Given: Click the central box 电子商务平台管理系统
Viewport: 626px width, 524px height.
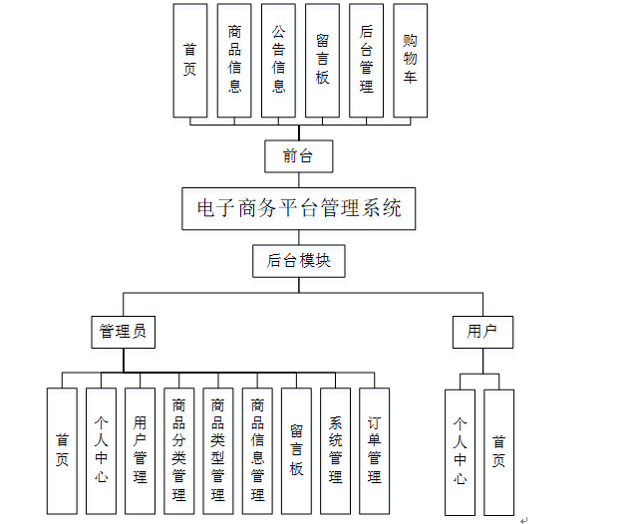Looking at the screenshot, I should pyautogui.click(x=299, y=209).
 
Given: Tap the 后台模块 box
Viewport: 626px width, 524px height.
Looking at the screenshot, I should pyautogui.click(x=298, y=261).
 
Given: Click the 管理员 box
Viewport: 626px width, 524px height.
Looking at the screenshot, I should pyautogui.click(x=123, y=332).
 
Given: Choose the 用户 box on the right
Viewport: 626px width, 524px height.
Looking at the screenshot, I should pyautogui.click(x=482, y=332).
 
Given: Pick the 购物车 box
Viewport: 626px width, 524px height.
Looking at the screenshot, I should pyautogui.click(x=410, y=60).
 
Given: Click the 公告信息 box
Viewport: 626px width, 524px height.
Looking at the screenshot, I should pyautogui.click(x=278, y=60).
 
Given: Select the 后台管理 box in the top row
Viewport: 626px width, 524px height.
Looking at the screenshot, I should pyautogui.click(x=366, y=60).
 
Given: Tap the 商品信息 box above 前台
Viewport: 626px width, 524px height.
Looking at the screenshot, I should pyautogui.click(x=234, y=60).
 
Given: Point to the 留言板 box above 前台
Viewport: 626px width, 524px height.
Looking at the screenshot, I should pyautogui.click(x=322, y=60).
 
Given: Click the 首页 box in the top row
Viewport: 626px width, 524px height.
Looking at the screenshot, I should pyautogui.click(x=190, y=60).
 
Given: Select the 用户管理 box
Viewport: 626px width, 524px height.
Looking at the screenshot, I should pyautogui.click(x=141, y=450).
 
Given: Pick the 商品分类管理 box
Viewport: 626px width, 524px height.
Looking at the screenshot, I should pyautogui.click(x=179, y=450).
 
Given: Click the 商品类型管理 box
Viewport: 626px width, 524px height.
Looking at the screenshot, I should pyautogui.click(x=218, y=450).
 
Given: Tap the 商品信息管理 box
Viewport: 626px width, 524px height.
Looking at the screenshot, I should pyautogui.click(x=257, y=450).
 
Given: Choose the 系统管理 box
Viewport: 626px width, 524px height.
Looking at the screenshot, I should pyautogui.click(x=335, y=450).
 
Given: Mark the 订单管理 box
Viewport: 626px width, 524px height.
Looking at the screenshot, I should pyautogui.click(x=374, y=450).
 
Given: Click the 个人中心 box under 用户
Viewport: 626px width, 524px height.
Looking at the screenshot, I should pyautogui.click(x=460, y=450).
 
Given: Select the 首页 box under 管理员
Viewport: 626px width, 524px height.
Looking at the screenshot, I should pyautogui.click(x=62, y=450).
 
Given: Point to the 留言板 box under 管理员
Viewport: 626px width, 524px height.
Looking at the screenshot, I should pyautogui.click(x=296, y=450).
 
